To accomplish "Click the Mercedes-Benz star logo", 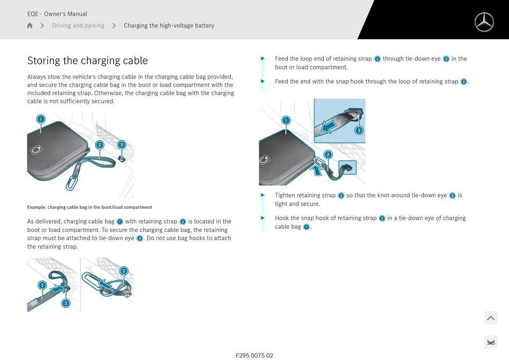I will (484, 22).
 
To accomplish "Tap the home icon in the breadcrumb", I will (30, 26).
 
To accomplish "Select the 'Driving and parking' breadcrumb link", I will (78, 26).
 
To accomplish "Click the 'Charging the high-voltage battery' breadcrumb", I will (169, 26).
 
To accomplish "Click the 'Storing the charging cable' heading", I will (87, 61).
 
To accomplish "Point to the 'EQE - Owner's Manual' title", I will (57, 14).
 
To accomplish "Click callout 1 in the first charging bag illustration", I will (41, 119).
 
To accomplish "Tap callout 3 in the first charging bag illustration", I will (121, 145).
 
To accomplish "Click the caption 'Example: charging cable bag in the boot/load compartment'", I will (89, 207).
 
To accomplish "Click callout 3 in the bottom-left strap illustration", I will (66, 303).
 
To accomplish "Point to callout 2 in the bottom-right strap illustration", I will (123, 271).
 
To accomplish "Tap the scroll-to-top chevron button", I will (490, 318).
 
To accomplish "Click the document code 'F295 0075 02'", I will (254, 355).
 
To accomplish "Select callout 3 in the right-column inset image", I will (359, 130).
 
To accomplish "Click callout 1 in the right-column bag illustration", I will (286, 120).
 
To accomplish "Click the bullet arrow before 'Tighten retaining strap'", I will (263, 195).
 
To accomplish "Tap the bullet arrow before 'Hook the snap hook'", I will (263, 218).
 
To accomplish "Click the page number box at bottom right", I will (490, 343).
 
